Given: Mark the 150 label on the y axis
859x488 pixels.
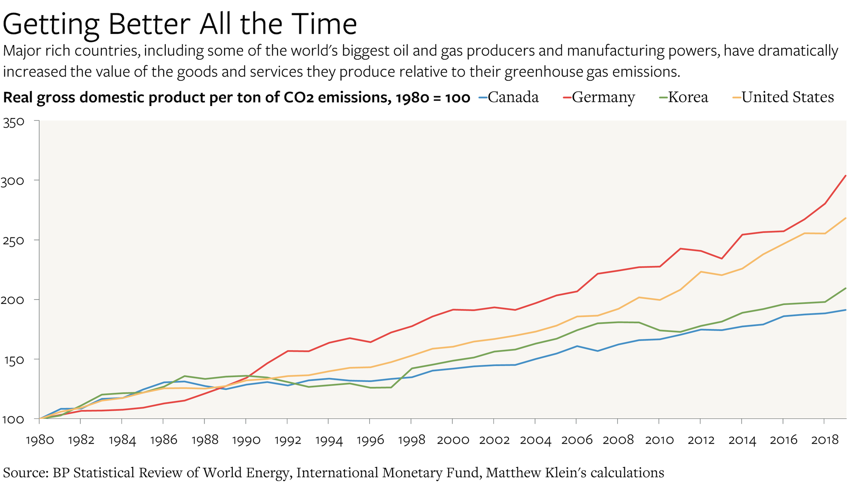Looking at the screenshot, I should pyautogui.click(x=13, y=360).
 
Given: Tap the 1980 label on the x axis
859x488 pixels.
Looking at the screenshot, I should pyautogui.click(x=40, y=440).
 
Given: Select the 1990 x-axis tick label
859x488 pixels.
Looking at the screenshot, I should pyautogui.click(x=246, y=440).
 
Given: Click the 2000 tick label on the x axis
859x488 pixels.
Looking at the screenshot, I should pyautogui.click(x=453, y=440).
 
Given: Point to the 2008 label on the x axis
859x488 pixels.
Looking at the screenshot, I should pyautogui.click(x=618, y=440).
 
